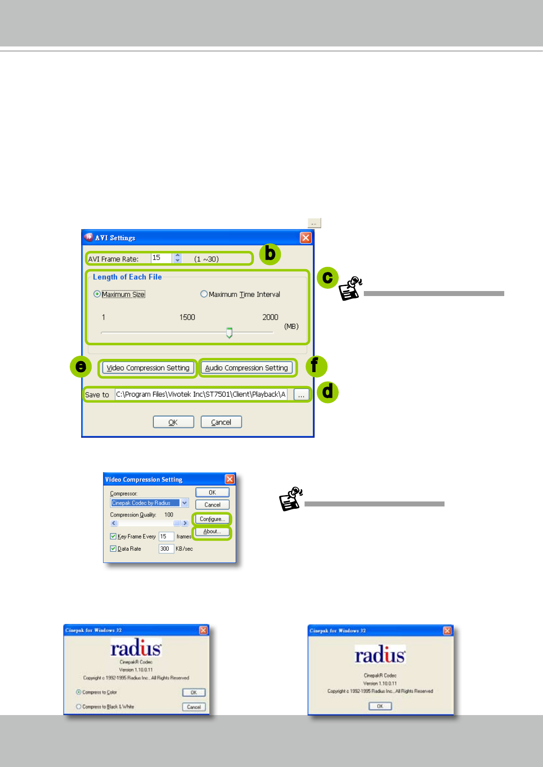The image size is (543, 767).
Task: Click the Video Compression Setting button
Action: pyautogui.click(x=148, y=368)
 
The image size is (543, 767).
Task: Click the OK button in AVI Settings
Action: pyautogui.click(x=173, y=422)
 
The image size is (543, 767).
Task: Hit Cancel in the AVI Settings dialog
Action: pyautogui.click(x=221, y=422)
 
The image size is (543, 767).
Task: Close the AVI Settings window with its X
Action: pyautogui.click(x=305, y=238)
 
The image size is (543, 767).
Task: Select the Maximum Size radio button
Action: pyautogui.click(x=97, y=294)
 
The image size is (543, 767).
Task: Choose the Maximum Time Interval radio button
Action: pyautogui.click(x=204, y=294)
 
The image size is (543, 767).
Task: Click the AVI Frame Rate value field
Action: pyautogui.click(x=161, y=258)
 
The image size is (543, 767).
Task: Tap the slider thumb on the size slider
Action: pyautogui.click(x=229, y=332)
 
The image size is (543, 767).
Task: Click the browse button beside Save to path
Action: pyautogui.click(x=301, y=395)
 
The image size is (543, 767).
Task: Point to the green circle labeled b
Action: pyautogui.click(x=270, y=254)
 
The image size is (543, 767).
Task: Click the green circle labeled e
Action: pyautogui.click(x=81, y=366)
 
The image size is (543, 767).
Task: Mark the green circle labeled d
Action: pyautogui.click(x=327, y=392)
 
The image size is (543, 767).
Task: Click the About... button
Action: pyautogui.click(x=212, y=532)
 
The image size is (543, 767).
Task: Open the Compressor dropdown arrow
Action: pyautogui.click(x=185, y=503)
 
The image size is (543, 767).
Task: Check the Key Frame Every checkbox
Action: pyautogui.click(x=113, y=537)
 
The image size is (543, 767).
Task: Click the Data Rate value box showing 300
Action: pyautogui.click(x=165, y=549)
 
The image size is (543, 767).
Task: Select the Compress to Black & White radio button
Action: pyautogui.click(x=78, y=706)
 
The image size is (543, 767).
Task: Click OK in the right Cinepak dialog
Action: pyautogui.click(x=380, y=706)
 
